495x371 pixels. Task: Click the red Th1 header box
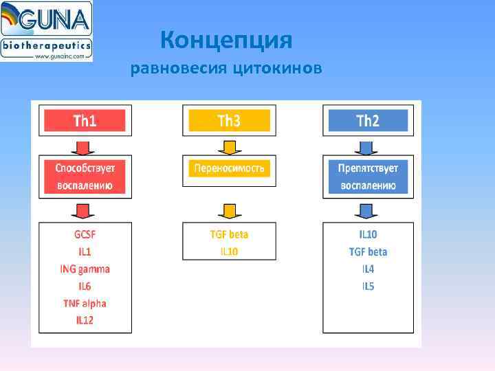coord(85,121)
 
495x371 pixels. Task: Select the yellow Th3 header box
coord(229,121)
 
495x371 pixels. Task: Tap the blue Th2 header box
coord(368,121)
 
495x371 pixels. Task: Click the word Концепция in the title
coord(226,41)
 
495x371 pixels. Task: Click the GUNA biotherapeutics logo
coord(46,31)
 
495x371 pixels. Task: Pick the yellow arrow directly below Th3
coord(229,147)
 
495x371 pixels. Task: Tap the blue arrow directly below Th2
coord(368,147)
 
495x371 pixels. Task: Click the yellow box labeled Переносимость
coord(229,168)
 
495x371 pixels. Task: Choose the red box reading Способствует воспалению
coord(85,177)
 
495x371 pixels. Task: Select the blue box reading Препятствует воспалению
coord(368,177)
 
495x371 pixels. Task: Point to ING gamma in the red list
coord(85,269)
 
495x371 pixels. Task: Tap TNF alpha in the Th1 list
coord(85,303)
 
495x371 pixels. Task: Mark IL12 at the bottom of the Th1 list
coord(85,320)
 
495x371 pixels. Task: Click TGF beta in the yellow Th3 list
coord(229,234)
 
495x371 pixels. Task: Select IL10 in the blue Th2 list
coord(368,234)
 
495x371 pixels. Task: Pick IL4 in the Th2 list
coord(368,269)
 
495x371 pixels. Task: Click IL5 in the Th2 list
coord(368,286)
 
